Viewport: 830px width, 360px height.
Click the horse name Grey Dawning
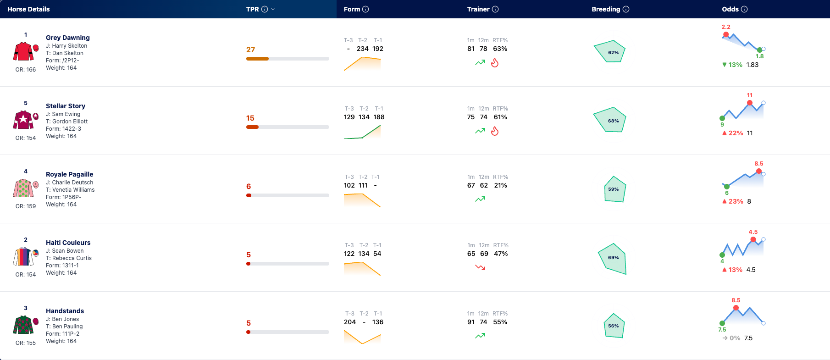click(x=68, y=38)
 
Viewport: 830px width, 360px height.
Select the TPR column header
click(x=253, y=9)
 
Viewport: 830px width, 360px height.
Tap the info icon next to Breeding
click(x=626, y=9)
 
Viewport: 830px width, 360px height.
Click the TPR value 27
click(x=250, y=50)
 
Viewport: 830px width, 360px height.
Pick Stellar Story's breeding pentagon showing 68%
click(x=610, y=120)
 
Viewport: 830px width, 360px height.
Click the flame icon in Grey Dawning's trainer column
click(x=495, y=63)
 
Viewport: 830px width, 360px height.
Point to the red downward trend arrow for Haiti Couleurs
click(x=480, y=267)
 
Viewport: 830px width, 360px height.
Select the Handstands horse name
click(x=65, y=311)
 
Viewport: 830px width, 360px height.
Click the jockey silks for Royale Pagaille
click(x=23, y=188)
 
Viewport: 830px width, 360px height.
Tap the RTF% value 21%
click(x=501, y=185)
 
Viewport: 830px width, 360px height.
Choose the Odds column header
click(x=730, y=9)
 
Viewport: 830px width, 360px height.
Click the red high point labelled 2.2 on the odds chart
click(x=726, y=34)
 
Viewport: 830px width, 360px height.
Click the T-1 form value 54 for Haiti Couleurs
click(x=377, y=254)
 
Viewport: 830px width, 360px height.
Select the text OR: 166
click(x=26, y=70)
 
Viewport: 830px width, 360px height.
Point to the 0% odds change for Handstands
click(x=735, y=338)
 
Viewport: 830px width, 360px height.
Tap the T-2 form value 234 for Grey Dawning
click(x=363, y=49)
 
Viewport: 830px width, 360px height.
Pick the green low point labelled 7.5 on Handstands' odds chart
click(x=722, y=323)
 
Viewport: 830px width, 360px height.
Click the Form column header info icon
click(x=365, y=9)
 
